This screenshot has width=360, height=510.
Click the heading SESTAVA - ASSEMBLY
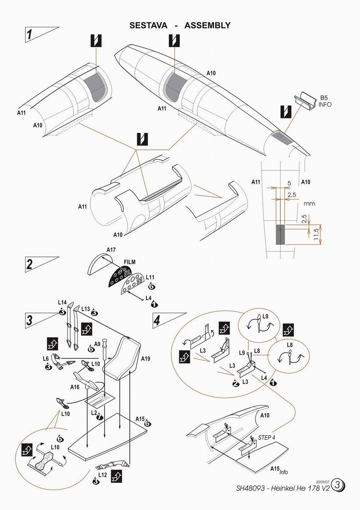pyautogui.click(x=180, y=25)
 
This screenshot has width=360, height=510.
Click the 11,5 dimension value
pyautogui.click(x=316, y=234)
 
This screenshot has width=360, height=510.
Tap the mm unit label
pyautogui.click(x=309, y=204)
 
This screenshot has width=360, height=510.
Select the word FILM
pyautogui.click(x=129, y=262)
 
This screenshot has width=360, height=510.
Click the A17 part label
pyautogui.click(x=111, y=250)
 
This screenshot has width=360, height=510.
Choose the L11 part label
pyautogui.click(x=150, y=278)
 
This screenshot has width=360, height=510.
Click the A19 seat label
pyautogui.click(x=145, y=358)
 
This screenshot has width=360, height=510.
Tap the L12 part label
pyautogui.click(x=102, y=474)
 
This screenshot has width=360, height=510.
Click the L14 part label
pyautogui.click(x=62, y=302)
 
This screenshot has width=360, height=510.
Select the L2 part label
pyautogui.click(x=94, y=413)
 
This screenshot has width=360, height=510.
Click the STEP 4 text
pyautogui.click(x=267, y=437)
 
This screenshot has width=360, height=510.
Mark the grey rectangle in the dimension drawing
pyautogui.click(x=280, y=234)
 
